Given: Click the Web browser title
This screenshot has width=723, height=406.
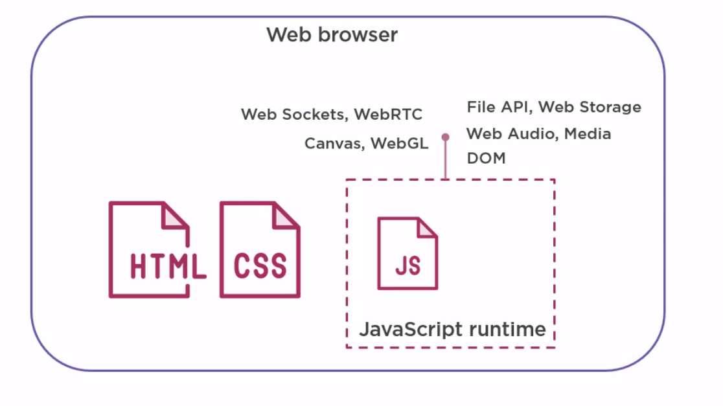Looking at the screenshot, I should pyautogui.click(x=332, y=34).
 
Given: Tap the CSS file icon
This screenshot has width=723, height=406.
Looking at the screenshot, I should pyautogui.click(x=260, y=251).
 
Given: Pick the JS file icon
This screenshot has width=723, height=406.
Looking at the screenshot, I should pyautogui.click(x=407, y=253).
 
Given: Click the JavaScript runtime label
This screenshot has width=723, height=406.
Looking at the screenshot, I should pyautogui.click(x=452, y=329).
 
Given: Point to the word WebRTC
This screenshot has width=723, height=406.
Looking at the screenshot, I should pyautogui.click(x=389, y=115).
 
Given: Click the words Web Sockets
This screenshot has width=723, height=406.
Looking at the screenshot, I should pyautogui.click(x=295, y=115).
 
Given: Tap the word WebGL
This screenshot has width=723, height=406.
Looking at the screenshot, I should pyautogui.click(x=400, y=143).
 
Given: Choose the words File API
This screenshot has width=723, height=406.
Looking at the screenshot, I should pyautogui.click(x=499, y=107).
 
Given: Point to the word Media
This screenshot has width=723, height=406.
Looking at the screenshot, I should pyautogui.click(x=588, y=134).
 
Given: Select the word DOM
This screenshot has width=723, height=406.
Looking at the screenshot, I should pyautogui.click(x=486, y=158).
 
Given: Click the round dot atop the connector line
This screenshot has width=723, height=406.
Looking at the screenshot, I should pyautogui.click(x=445, y=137).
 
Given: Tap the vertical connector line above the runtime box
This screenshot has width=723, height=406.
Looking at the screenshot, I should pyautogui.click(x=445, y=160).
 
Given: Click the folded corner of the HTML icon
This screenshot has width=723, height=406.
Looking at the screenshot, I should pyautogui.click(x=177, y=215).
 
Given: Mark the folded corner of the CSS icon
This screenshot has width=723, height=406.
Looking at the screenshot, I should pyautogui.click(x=288, y=215).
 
